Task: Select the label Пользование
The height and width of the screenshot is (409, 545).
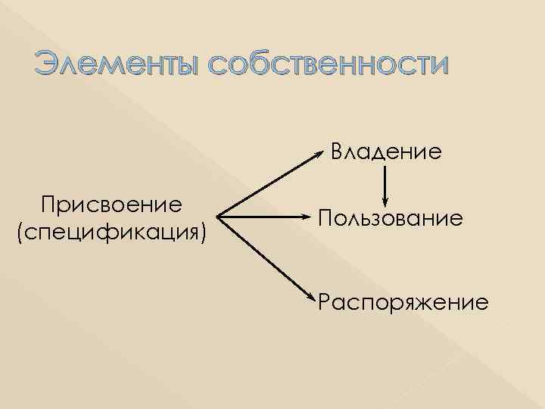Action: [x=391, y=219]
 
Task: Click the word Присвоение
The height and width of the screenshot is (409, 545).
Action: [x=111, y=204]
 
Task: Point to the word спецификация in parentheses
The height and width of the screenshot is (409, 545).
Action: [x=112, y=229]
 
